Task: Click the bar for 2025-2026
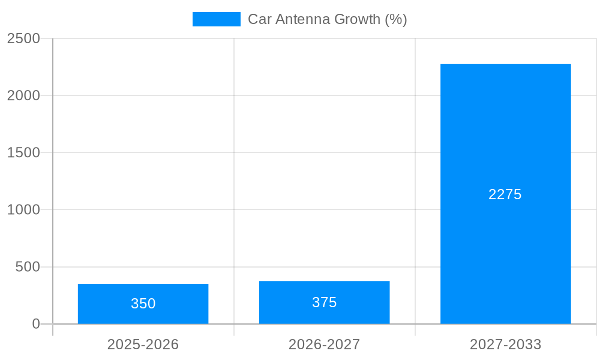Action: click(143, 304)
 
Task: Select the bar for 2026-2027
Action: click(324, 302)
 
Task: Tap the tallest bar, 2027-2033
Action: click(505, 194)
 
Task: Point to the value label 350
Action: click(143, 304)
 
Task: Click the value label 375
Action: click(324, 302)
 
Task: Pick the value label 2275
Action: click(505, 194)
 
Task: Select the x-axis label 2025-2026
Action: click(143, 344)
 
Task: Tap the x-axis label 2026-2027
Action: click(324, 344)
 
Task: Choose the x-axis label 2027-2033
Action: click(505, 344)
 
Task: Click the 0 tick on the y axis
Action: click(35, 324)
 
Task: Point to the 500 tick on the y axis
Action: click(28, 267)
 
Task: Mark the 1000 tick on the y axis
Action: click(23, 209)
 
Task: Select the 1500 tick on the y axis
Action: click(23, 152)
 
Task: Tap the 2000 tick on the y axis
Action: click(23, 95)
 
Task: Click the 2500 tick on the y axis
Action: click(23, 38)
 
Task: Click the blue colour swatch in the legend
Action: click(216, 19)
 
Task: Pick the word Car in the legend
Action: click(259, 19)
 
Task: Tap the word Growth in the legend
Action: click(357, 19)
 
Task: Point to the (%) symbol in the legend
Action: click(396, 19)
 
